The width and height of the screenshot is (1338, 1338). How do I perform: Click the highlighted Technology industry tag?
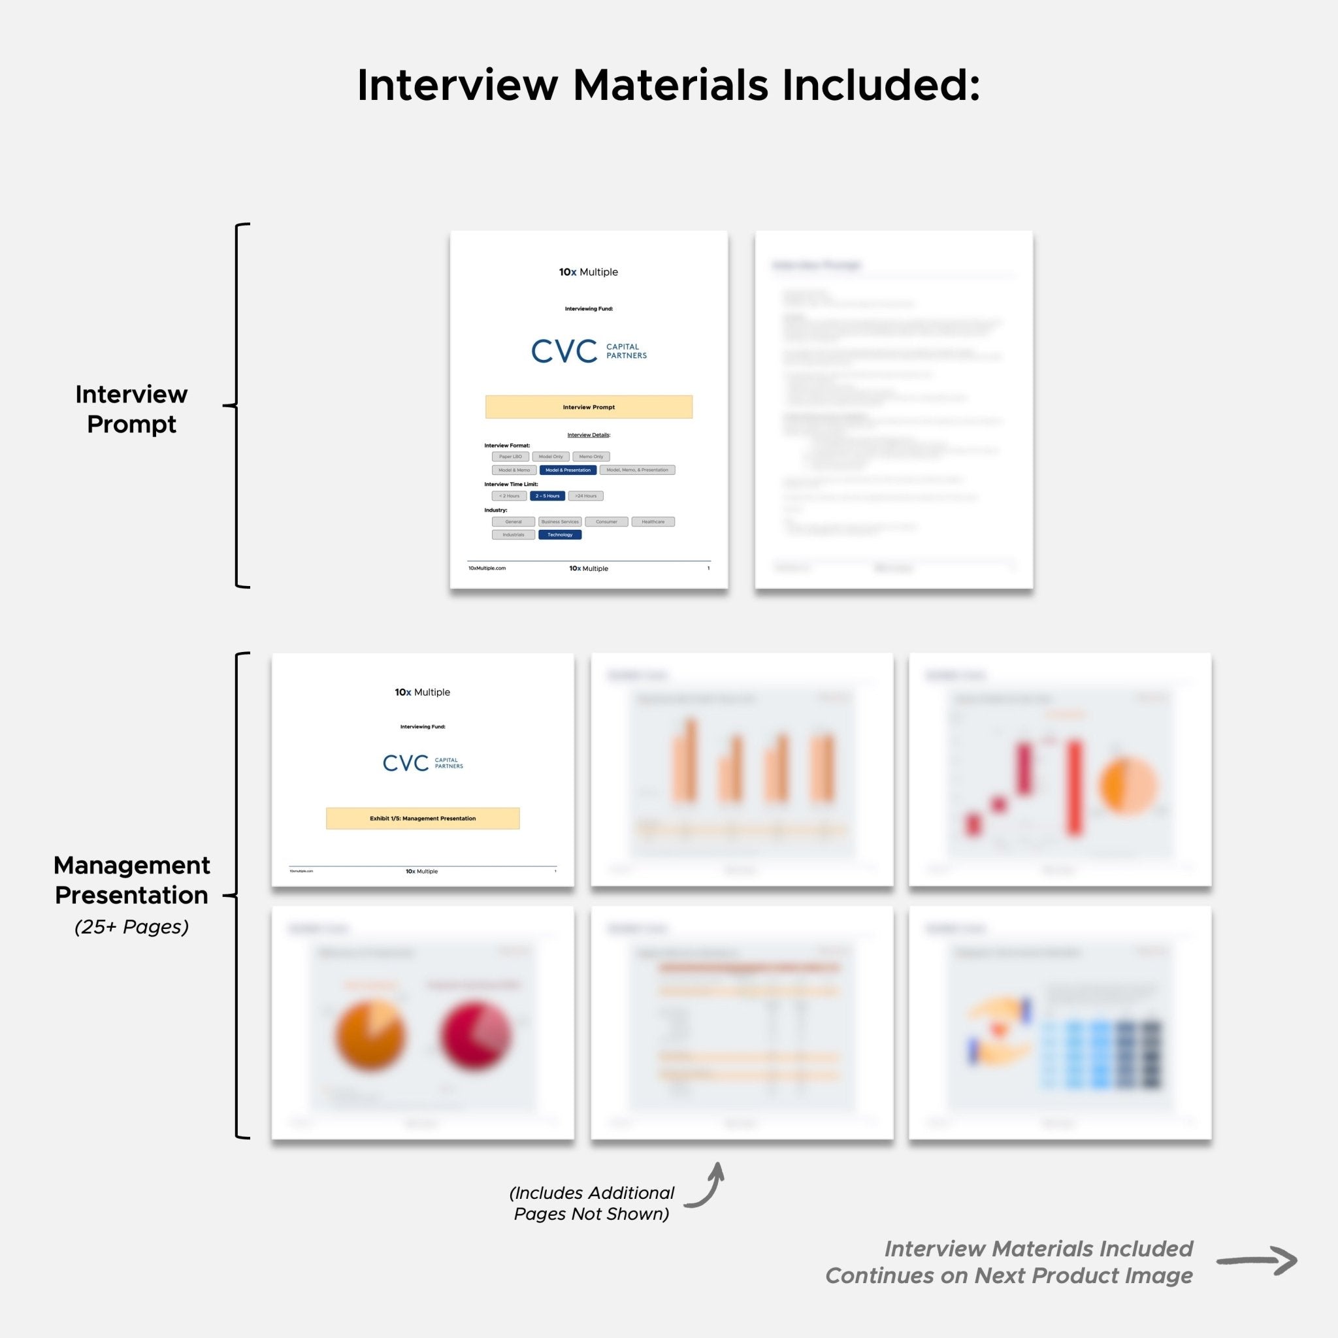click(x=560, y=534)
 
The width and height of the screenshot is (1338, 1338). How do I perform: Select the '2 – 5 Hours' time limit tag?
click(x=547, y=496)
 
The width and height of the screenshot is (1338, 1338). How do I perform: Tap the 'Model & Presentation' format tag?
click(x=568, y=470)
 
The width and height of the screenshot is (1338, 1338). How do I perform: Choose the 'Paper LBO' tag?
click(x=510, y=457)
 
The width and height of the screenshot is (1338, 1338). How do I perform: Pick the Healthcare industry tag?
click(x=653, y=521)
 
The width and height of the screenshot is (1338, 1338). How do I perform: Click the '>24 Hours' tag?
click(x=585, y=496)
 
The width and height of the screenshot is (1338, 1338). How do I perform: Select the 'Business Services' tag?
click(x=560, y=521)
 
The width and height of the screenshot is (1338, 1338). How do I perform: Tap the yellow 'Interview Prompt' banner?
click(x=589, y=407)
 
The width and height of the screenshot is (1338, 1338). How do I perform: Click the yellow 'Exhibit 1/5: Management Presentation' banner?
click(x=423, y=819)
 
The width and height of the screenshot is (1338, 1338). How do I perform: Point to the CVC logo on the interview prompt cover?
click(x=589, y=351)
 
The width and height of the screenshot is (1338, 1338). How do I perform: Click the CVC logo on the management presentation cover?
click(x=423, y=763)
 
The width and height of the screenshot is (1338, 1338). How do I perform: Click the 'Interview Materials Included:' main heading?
click(x=668, y=85)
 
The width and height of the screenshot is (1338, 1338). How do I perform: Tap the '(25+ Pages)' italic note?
click(x=131, y=927)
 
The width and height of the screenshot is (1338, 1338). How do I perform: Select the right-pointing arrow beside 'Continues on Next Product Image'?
click(x=1256, y=1261)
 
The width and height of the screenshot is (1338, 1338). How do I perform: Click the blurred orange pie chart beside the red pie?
click(x=370, y=1036)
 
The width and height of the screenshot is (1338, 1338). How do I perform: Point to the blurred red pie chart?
click(x=475, y=1036)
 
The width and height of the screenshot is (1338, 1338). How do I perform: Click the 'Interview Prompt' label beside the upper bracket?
click(x=131, y=408)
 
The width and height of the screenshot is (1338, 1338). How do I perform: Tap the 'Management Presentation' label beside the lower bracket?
click(x=131, y=880)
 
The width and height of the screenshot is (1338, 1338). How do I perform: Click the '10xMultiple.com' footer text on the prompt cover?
click(x=487, y=568)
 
